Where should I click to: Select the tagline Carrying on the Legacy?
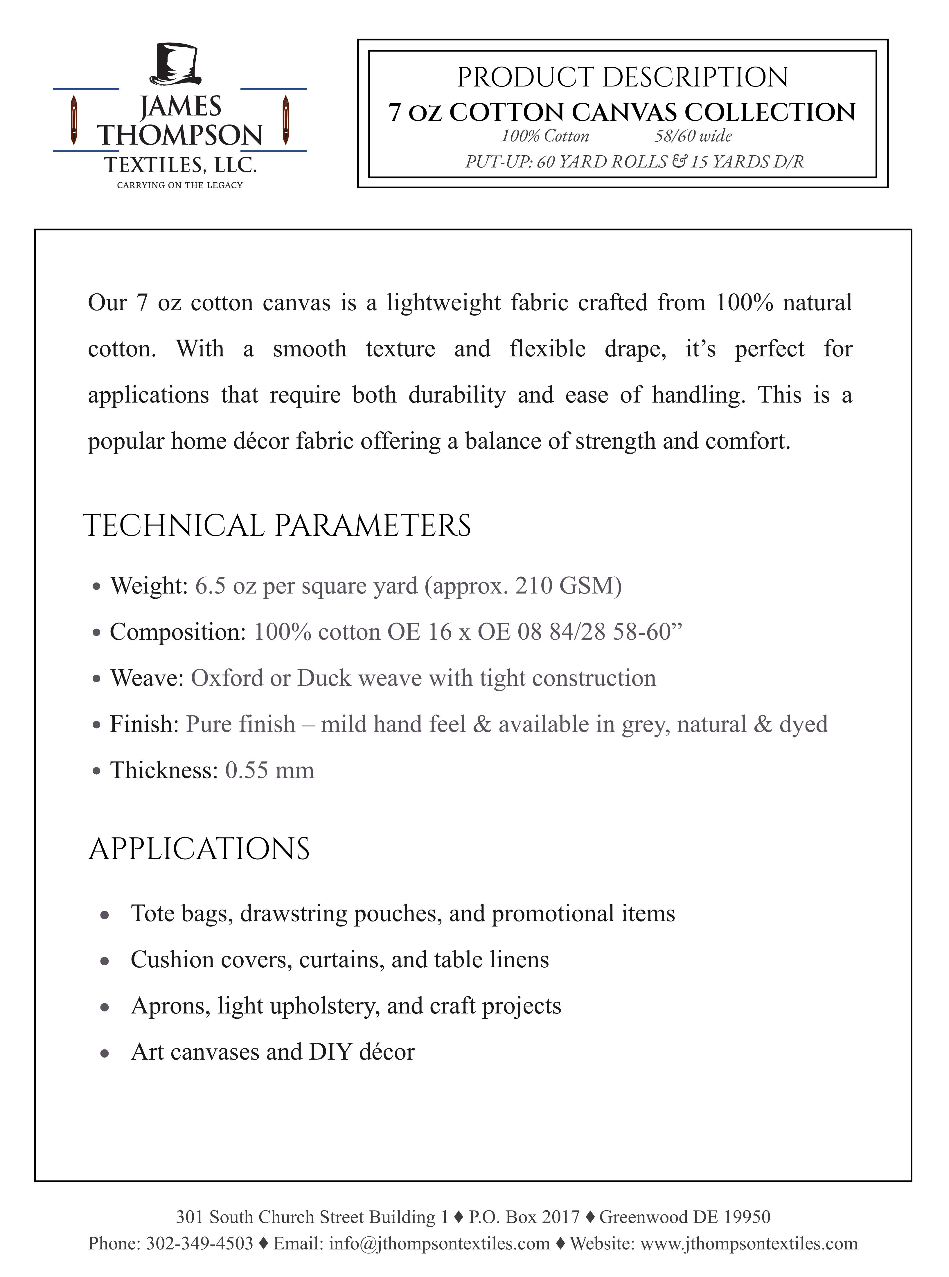[x=180, y=185]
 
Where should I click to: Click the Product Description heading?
[x=623, y=77]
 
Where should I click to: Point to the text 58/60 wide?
[x=693, y=136]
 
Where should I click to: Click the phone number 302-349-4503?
[x=199, y=1243]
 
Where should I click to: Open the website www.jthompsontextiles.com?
[x=749, y=1243]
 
